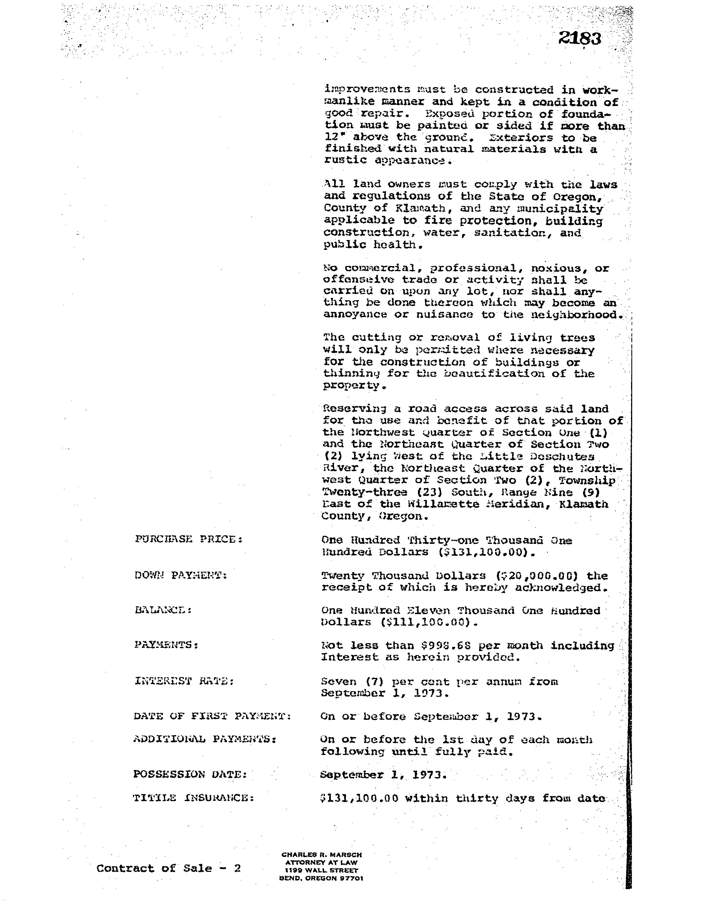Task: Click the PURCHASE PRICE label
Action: pyautogui.click(x=188, y=539)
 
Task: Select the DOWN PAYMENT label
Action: pyautogui.click(x=181, y=575)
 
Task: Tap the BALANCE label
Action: pyautogui.click(x=163, y=610)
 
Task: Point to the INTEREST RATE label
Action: pyautogui.click(x=184, y=681)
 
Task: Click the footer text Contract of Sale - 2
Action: pyautogui.click(x=169, y=868)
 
